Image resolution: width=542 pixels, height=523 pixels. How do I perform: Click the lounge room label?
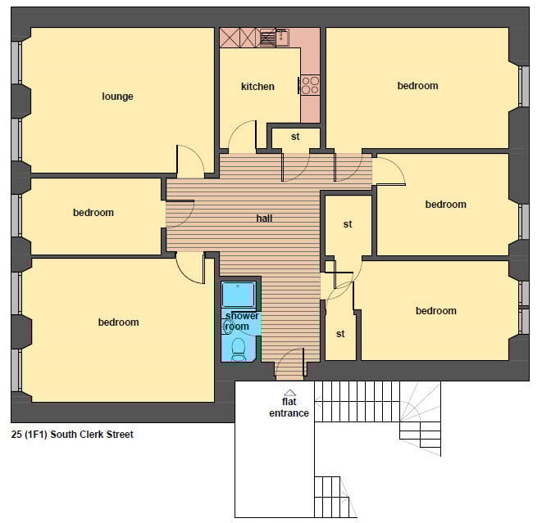coord(117,97)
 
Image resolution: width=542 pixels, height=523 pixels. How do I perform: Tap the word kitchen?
coord(257,87)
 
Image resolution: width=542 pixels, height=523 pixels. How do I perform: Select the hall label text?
coord(264,219)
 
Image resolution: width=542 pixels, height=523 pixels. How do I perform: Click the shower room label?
coord(242,321)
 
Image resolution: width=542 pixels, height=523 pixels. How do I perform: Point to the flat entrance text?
coord(289,408)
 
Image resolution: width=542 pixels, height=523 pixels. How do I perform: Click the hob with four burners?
coord(310,84)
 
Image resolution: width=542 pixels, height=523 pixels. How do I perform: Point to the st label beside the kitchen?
coord(295,137)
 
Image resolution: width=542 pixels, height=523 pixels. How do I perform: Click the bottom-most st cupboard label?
coord(340,334)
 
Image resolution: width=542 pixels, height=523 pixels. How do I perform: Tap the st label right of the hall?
coord(348,224)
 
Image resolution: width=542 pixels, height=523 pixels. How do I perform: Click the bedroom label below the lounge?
coord(93,213)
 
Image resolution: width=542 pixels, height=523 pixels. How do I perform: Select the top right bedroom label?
coord(417,86)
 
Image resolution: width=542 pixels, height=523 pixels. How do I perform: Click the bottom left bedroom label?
coord(119,322)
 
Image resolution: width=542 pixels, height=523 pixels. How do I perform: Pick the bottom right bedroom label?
coord(435,311)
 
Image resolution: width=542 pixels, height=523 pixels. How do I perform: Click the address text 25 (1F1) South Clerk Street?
coord(72,435)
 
